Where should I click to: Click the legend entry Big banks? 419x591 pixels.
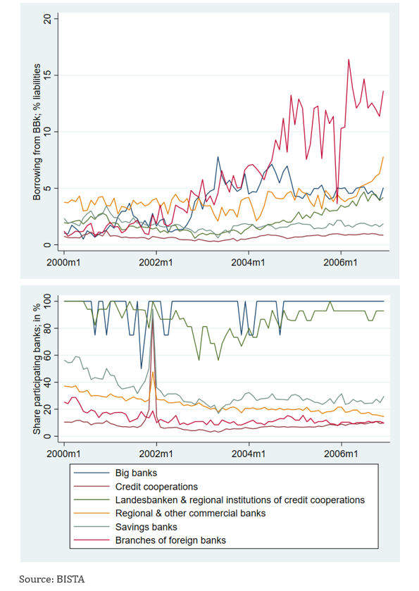136,473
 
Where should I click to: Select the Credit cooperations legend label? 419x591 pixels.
156,487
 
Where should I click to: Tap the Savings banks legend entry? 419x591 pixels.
146,527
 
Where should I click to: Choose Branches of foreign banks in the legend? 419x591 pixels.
170,540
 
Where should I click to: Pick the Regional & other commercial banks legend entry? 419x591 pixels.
190,514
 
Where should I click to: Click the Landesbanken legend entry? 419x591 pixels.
240,500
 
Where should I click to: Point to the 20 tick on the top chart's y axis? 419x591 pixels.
49,19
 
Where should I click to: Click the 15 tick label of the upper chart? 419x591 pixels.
49,75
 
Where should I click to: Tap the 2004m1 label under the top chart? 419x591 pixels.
248,262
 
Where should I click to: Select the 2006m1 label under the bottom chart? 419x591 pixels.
341,454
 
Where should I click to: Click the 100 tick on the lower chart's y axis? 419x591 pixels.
49,301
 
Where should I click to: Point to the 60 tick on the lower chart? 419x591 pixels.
49,355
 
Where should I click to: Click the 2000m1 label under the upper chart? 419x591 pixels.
63,262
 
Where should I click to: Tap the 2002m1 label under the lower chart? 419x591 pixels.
156,454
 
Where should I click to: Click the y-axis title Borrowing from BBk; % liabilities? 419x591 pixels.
37,132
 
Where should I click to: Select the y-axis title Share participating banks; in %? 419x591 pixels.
37,369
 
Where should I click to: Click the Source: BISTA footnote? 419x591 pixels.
51,579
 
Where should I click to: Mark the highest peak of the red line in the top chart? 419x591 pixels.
349,60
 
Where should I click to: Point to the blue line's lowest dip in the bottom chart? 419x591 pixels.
142,368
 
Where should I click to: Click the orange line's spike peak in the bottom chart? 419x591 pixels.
153,372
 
